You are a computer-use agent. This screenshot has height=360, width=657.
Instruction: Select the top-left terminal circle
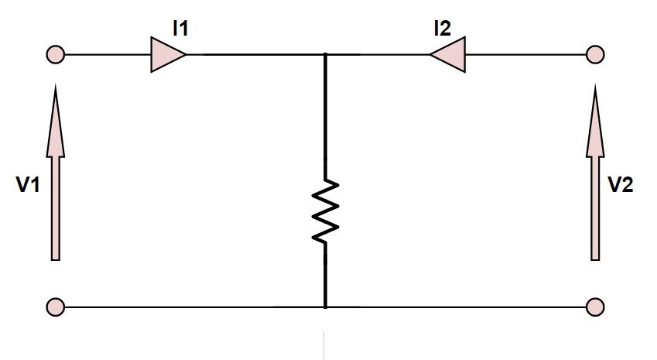point(55,56)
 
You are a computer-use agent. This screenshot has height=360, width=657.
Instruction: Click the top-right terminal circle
point(595,56)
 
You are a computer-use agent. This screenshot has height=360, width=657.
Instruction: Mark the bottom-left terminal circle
point(55,307)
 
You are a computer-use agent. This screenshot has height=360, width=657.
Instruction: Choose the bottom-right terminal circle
point(595,307)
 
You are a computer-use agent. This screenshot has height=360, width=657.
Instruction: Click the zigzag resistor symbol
point(325,211)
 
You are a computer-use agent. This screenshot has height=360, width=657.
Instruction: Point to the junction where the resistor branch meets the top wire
point(325,56)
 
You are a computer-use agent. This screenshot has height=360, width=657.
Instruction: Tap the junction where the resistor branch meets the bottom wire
point(325,307)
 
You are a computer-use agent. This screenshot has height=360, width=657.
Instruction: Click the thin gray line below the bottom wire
point(324,345)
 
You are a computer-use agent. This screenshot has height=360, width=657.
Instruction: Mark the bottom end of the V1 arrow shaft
point(55,257)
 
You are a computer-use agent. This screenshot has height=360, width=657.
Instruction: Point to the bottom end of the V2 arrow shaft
point(595,257)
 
